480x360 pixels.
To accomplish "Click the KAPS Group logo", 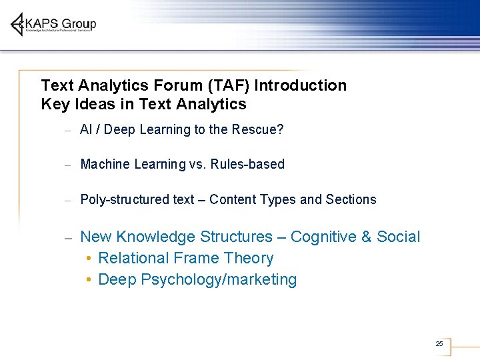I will (x=53, y=25).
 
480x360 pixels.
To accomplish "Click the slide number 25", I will (x=439, y=343).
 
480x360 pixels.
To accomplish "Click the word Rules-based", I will (x=247, y=164).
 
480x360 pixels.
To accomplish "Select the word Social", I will (x=399, y=237).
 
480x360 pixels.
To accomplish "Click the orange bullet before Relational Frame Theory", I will (x=89, y=259).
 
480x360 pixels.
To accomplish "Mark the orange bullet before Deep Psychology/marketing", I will (x=89, y=280).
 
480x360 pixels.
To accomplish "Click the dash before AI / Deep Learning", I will (x=68, y=130).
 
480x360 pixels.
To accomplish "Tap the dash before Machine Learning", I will (x=68, y=165).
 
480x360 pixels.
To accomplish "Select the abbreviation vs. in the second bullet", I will (x=197, y=164).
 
